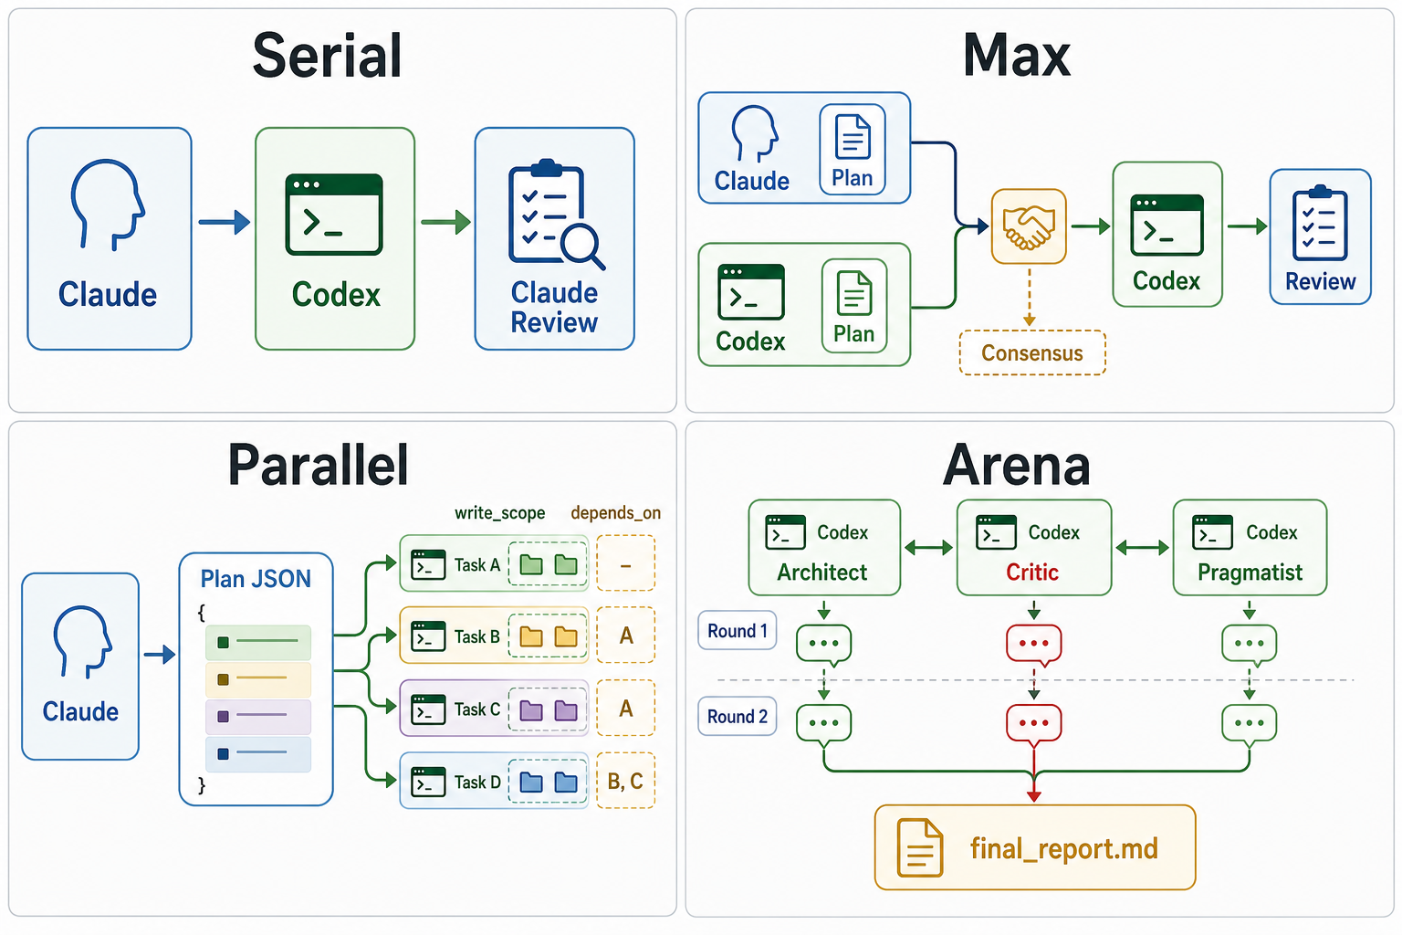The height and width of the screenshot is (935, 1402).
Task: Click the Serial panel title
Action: (327, 57)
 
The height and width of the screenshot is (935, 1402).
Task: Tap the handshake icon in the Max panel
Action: (1029, 226)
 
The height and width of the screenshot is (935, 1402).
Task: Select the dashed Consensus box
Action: (1032, 352)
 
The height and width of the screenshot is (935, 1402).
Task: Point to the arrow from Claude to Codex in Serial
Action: (224, 222)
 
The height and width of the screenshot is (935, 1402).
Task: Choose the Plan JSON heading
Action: (256, 579)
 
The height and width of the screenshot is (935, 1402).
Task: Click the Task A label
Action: (477, 565)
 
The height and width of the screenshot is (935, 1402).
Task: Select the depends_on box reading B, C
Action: (626, 781)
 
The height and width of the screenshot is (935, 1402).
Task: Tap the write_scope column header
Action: (499, 513)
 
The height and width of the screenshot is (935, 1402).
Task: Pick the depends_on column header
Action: (616, 513)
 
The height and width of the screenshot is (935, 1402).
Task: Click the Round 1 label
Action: (738, 630)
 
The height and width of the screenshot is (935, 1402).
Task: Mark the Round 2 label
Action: (738, 716)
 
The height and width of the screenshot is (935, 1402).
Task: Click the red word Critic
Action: (1032, 572)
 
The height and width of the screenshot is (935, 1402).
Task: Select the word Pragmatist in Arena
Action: (1250, 573)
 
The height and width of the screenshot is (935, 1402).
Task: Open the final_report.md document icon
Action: (919, 848)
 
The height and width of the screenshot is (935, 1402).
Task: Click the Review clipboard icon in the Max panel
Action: (1320, 223)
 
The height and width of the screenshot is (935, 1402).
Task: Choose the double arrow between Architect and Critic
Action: (929, 548)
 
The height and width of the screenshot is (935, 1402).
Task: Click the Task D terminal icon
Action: (428, 782)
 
